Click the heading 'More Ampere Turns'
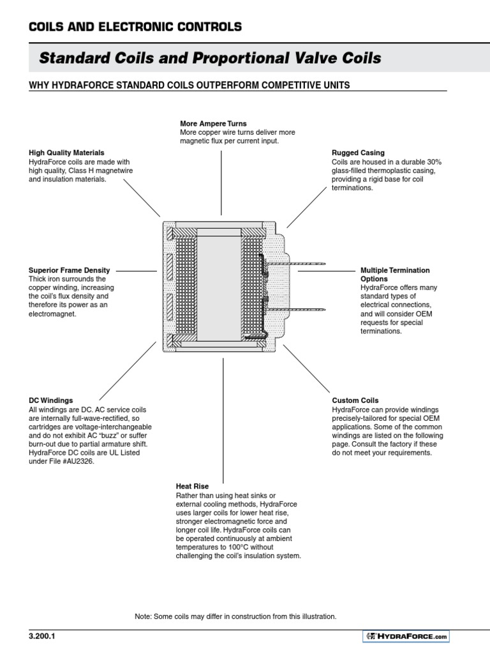point(213,123)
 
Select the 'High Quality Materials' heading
point(66,153)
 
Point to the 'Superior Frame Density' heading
point(70,271)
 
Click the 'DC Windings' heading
point(51,400)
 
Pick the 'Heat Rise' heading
point(192,487)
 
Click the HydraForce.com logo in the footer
point(406,636)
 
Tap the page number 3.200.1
point(43,637)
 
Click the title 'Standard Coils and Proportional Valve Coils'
point(211,59)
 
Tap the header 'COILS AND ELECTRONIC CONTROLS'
point(135,27)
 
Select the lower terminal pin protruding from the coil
point(300,310)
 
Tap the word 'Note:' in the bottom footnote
point(144,616)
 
